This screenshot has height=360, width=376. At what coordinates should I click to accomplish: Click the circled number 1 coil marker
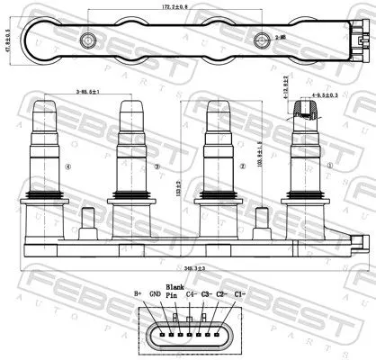coord(328,165)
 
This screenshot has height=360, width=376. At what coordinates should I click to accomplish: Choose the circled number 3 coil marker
coord(157,166)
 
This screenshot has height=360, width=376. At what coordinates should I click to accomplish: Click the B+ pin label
coord(138,293)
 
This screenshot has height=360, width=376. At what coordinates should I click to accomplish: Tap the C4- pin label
coord(192,293)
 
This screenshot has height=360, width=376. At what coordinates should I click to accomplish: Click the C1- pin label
coord(239,293)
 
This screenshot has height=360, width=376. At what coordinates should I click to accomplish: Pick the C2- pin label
coord(223,293)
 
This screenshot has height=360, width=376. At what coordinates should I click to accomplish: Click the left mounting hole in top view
coord(87,40)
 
